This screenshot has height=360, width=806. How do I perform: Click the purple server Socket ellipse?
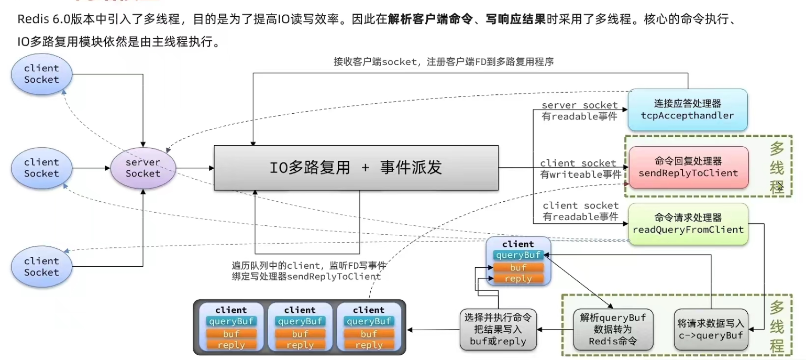pyautogui.click(x=143, y=168)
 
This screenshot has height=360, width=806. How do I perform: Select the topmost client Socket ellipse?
pyautogui.click(x=41, y=74)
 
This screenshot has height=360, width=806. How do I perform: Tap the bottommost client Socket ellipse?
pyautogui.click(x=41, y=267)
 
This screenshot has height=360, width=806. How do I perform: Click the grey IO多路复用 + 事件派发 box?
pyautogui.click(x=356, y=168)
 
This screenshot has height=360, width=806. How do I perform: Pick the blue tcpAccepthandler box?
pyautogui.click(x=688, y=110)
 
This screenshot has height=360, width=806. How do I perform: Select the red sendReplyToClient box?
pyautogui.click(x=688, y=167)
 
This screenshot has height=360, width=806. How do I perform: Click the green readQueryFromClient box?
pyautogui.click(x=688, y=224)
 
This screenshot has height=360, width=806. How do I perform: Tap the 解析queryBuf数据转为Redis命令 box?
pyautogui.click(x=613, y=330)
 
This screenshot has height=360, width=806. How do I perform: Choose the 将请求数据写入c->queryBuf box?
pyautogui.click(x=711, y=330)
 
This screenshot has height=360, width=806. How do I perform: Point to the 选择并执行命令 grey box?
pyautogui.click(x=498, y=330)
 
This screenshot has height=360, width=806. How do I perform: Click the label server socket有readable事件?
pyautogui.click(x=579, y=111)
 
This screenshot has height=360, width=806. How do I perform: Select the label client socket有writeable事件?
pyautogui.click(x=580, y=169)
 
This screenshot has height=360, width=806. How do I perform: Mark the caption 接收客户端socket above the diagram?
pyautogui.click(x=375, y=62)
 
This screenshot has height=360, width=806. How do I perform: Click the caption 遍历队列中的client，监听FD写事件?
pyautogui.click(x=308, y=266)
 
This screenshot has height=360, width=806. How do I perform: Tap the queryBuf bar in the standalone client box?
pyautogui.click(x=518, y=255)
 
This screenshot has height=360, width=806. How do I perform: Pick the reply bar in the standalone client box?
pyautogui.click(x=518, y=278)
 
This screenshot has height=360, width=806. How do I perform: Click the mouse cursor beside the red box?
pyautogui.click(x=780, y=187)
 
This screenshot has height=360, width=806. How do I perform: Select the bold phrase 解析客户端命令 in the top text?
pyautogui.click(x=430, y=19)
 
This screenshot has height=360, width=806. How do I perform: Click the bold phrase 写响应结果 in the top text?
pyautogui.click(x=516, y=19)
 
